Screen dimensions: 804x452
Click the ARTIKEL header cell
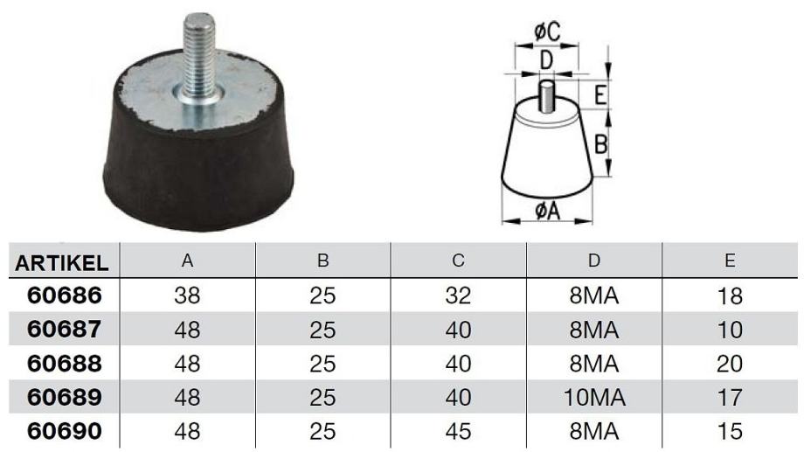point(61,262)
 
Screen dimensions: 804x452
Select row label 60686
point(65,296)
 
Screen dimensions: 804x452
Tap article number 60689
point(65,397)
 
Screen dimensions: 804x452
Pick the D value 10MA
point(594,398)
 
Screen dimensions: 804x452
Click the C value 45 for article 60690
point(459,432)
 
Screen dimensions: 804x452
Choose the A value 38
point(187,296)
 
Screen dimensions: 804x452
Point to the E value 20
point(730,364)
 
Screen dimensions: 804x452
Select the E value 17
point(730,398)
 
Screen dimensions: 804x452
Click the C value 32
point(459,296)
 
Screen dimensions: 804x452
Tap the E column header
point(731,261)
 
